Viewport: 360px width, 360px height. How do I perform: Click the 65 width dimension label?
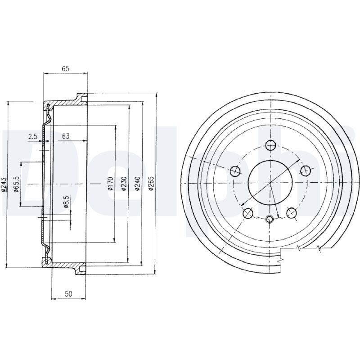tap(65, 69)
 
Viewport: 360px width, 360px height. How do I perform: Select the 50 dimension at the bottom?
tap(68, 294)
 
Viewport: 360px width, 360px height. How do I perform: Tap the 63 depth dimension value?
tap(66, 136)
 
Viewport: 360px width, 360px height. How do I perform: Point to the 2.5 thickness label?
tap(32, 136)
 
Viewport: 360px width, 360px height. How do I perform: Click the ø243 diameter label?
tap(4, 184)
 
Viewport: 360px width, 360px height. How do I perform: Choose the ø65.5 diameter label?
tap(16, 184)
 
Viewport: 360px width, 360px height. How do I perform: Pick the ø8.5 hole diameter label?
tap(66, 202)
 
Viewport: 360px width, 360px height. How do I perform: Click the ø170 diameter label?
tap(111, 184)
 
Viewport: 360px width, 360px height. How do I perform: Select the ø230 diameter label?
tap(124, 184)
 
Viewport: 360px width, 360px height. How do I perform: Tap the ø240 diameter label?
tap(137, 184)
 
